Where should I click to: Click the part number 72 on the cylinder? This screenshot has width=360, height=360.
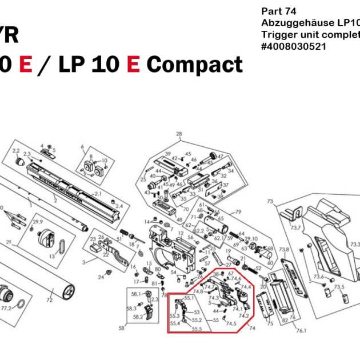point(50,299)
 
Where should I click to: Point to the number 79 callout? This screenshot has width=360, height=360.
point(238,212)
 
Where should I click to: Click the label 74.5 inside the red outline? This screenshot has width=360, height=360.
point(231,323)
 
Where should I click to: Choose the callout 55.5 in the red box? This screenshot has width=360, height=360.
point(197,329)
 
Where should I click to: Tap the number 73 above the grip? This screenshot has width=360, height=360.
point(270,202)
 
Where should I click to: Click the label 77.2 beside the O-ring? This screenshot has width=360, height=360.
point(6,308)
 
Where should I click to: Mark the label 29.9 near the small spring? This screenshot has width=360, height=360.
point(38,222)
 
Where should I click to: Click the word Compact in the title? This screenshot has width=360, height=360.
point(194,65)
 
